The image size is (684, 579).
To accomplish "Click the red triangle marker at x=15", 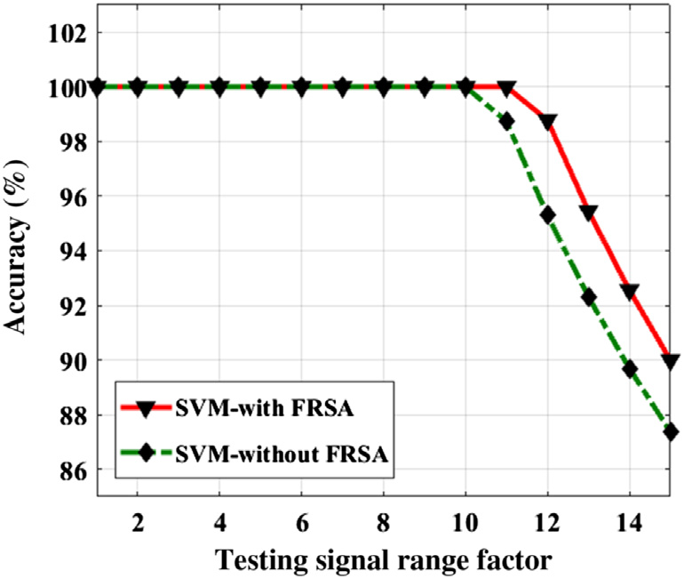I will point(671,361).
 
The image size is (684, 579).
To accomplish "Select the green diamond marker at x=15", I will point(671,431).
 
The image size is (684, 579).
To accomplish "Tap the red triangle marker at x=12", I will point(547,121).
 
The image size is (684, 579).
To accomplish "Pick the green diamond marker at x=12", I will point(547,214).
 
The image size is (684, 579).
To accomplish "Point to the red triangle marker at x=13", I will point(588,212).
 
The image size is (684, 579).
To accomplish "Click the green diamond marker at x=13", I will point(588,297).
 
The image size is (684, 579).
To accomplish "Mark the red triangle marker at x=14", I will point(630,291).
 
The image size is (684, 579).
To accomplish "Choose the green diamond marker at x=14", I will point(630,369).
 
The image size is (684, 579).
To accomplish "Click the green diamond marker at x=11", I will point(506,121).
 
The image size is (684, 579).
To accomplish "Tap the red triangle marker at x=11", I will point(506,88).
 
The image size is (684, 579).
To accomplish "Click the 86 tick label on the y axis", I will point(68,470).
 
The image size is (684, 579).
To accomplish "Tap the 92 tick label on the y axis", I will point(68,306).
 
